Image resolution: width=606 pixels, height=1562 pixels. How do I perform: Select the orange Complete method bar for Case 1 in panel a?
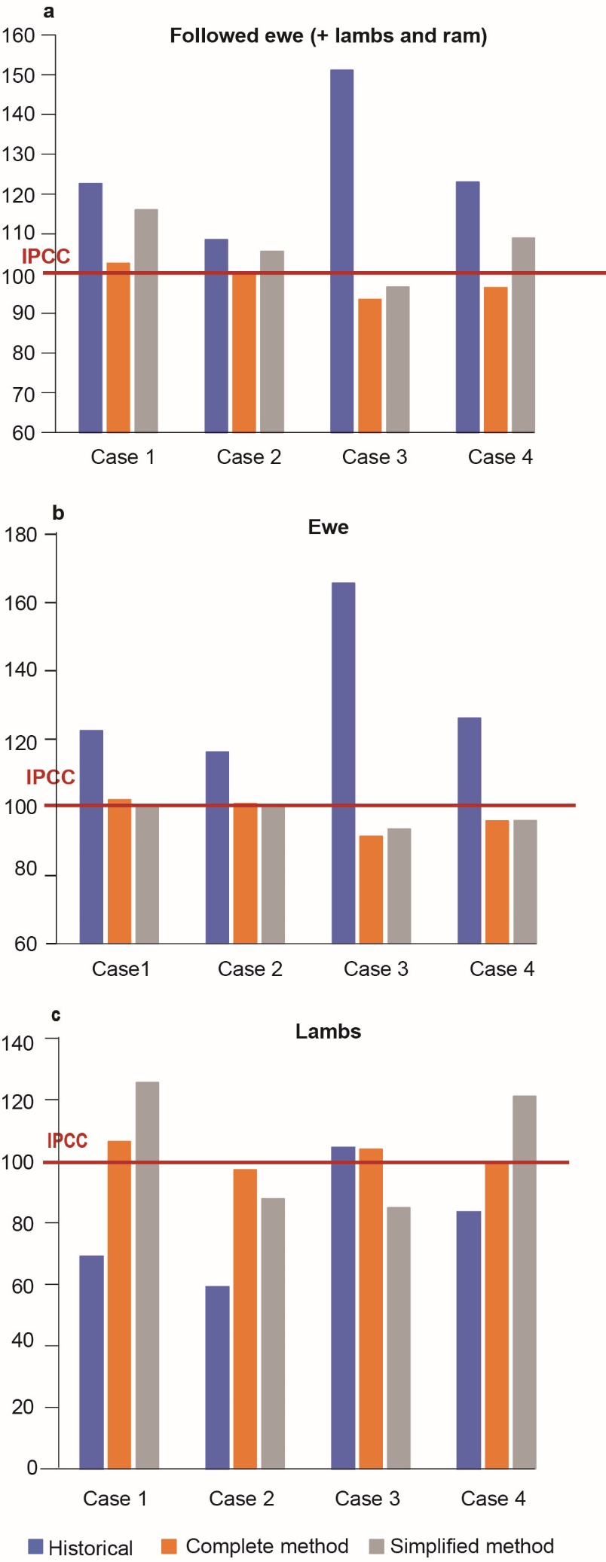(x=118, y=347)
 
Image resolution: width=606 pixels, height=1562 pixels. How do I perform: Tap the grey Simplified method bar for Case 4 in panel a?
(x=523, y=335)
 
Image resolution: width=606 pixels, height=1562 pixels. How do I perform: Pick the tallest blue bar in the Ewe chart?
(x=343, y=762)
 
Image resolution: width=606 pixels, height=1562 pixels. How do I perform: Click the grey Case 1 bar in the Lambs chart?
(x=147, y=1275)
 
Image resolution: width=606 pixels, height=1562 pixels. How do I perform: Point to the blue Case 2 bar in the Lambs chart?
(x=217, y=1377)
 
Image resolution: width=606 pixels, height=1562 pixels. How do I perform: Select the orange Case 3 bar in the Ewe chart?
(x=371, y=889)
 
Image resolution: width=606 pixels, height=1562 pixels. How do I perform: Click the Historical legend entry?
(x=81, y=1548)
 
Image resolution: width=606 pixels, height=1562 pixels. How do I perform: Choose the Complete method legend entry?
(x=256, y=1546)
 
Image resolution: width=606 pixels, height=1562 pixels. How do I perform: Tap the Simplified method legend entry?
(x=462, y=1546)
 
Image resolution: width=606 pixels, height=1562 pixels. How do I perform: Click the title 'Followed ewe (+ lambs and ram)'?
(x=328, y=36)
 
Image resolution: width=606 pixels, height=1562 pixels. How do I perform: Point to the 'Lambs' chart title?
(x=328, y=1031)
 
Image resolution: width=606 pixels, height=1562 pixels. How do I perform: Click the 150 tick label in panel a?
(x=18, y=75)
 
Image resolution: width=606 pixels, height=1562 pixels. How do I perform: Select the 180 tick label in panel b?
(x=20, y=535)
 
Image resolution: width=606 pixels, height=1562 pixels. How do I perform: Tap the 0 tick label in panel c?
(x=32, y=1467)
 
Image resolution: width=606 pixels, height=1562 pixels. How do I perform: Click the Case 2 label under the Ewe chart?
(x=249, y=969)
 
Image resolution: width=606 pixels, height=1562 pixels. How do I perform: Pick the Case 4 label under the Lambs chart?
(x=493, y=1498)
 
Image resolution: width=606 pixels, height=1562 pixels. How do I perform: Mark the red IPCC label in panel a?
(x=46, y=257)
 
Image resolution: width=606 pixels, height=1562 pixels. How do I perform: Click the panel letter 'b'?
(x=58, y=513)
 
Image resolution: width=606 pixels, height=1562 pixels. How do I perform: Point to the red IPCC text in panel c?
(x=67, y=1140)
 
